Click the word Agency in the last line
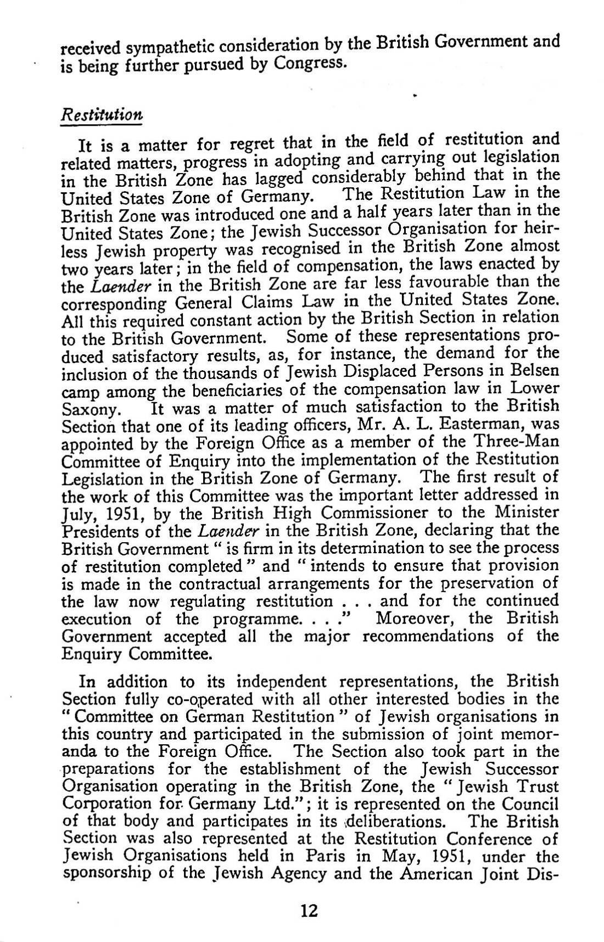(x=321, y=873)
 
